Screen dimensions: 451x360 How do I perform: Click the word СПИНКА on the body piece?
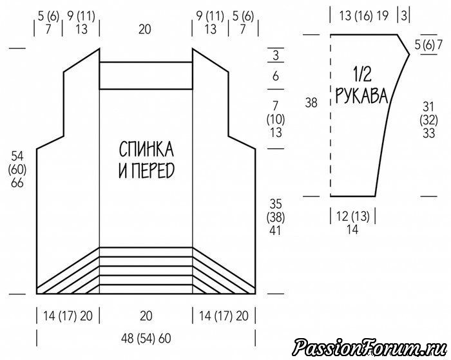click(x=146, y=149)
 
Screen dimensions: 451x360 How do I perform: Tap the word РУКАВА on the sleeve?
click(x=362, y=95)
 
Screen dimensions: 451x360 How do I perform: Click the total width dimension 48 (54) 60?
click(x=146, y=339)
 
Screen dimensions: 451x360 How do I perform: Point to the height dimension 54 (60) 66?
click(x=17, y=169)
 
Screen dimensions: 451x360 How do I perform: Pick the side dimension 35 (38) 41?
click(x=276, y=217)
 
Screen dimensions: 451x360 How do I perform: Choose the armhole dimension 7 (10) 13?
click(x=276, y=119)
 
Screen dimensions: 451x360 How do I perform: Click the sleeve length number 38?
click(x=311, y=102)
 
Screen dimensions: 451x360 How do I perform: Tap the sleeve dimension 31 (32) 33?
click(x=428, y=120)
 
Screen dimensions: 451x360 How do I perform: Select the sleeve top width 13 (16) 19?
click(x=363, y=16)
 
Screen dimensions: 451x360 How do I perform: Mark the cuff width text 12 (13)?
click(x=352, y=216)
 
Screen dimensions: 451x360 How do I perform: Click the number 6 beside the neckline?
click(x=276, y=76)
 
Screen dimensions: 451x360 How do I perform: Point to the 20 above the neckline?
click(x=145, y=30)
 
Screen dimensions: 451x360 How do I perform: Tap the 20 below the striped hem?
click(x=146, y=316)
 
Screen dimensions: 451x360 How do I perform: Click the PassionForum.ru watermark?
click(x=369, y=346)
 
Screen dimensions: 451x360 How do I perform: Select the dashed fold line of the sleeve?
click(x=331, y=115)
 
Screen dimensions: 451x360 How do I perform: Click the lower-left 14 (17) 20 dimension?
click(x=68, y=316)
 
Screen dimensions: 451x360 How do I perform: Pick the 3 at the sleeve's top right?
click(x=404, y=16)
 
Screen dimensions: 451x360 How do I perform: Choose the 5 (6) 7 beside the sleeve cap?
click(x=428, y=45)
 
